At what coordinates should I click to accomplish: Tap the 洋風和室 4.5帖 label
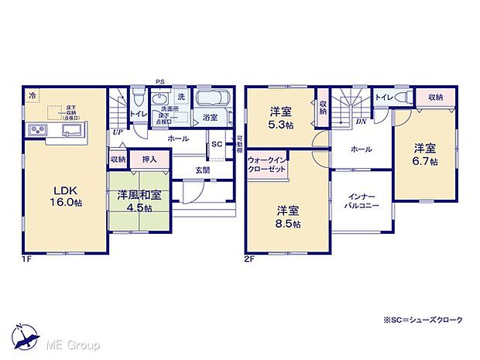point(139,201)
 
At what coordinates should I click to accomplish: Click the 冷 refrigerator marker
point(33,95)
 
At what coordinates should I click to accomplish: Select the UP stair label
point(117,132)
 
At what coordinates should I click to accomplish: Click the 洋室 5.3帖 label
point(280,117)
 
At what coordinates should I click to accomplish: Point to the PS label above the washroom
point(159,81)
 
